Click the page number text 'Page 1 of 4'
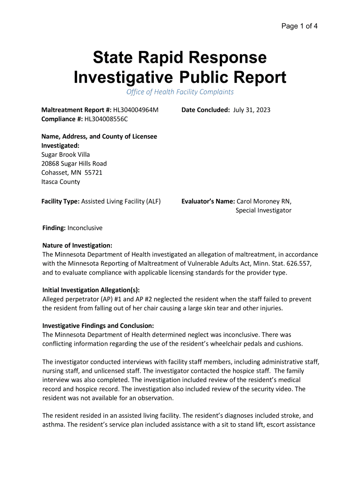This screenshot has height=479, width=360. (299, 26)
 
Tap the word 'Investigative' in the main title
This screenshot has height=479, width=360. (124, 77)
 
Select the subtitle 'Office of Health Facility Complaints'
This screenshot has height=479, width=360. (180, 92)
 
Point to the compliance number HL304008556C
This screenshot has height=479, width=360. (106, 119)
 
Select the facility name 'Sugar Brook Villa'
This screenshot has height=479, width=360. (66, 154)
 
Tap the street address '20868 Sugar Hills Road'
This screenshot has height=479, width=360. (74, 163)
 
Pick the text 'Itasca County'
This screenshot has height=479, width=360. (61, 181)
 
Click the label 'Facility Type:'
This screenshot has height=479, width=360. (61, 202)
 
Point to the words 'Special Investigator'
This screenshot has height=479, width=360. (263, 210)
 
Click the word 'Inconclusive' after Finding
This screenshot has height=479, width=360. (85, 228)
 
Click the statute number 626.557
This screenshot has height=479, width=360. (293, 264)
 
